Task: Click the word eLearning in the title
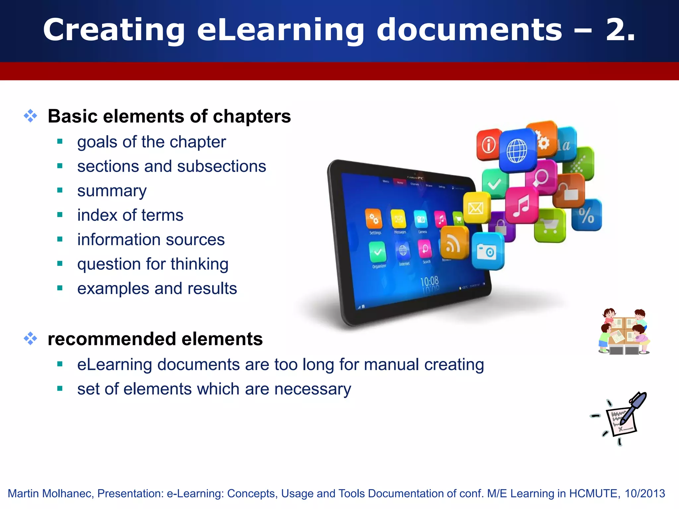[280, 30]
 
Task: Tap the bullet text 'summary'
[112, 191]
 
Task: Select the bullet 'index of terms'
[130, 215]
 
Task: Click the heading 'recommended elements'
[155, 339]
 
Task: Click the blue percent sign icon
[586, 215]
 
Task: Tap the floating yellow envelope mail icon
[476, 208]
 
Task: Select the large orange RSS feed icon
[454, 244]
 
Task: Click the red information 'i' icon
[489, 145]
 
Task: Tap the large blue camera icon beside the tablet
[487, 251]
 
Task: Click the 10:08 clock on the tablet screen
[429, 282]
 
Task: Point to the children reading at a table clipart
[624, 331]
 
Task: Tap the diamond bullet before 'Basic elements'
[31, 116]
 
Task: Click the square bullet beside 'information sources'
[60, 239]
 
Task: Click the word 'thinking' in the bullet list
[199, 264]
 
